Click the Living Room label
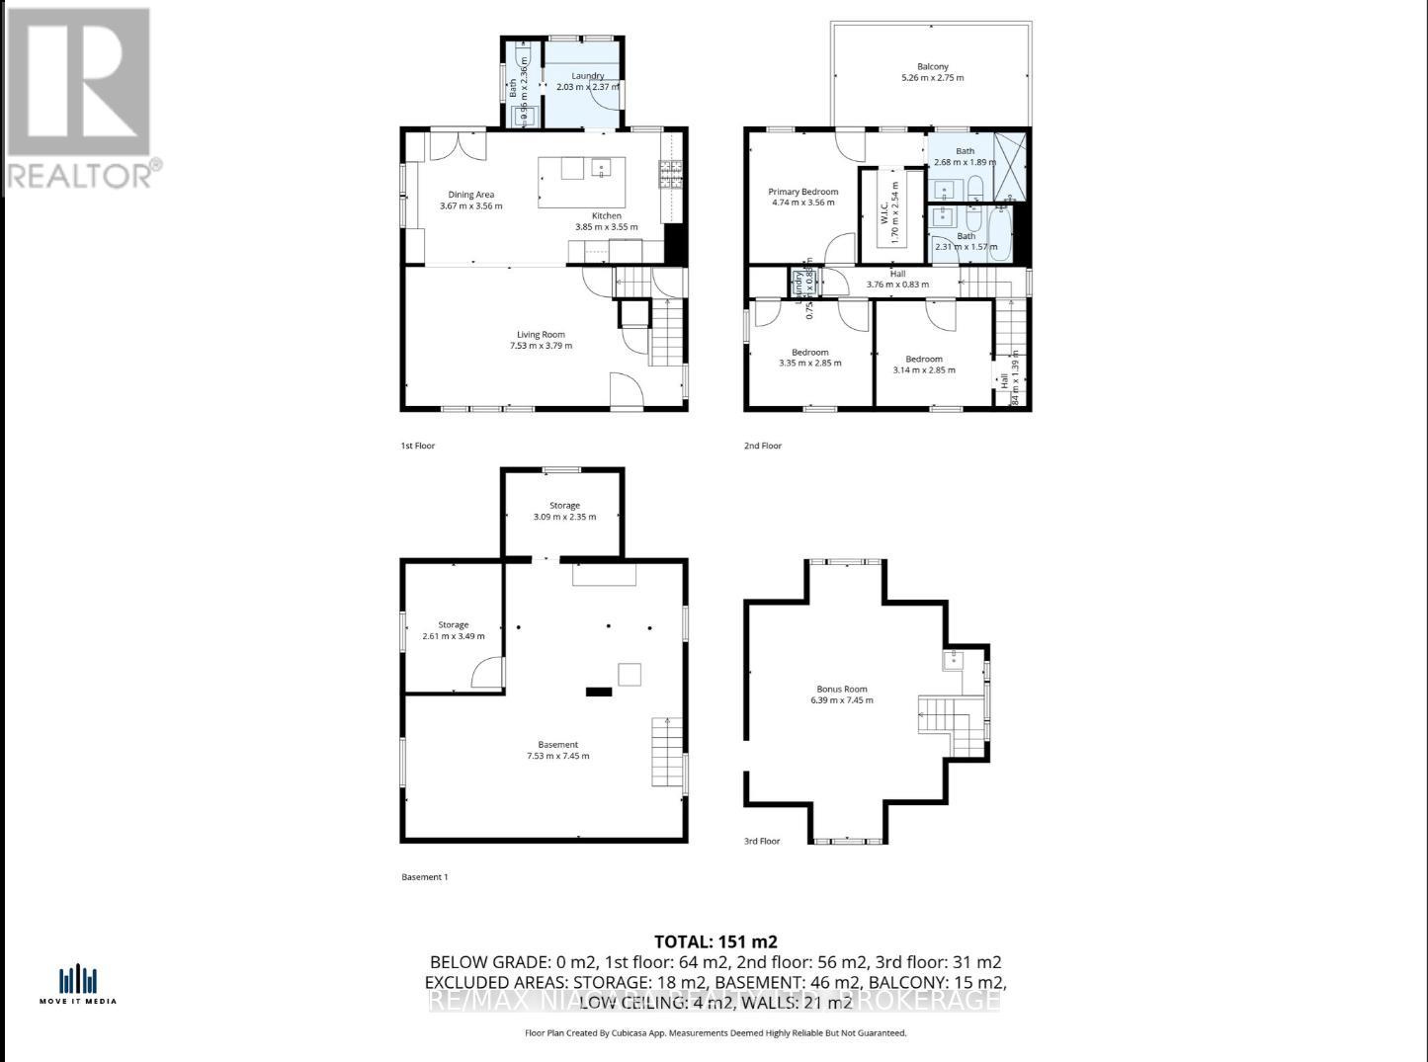coord(541,335)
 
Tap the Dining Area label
coord(470,196)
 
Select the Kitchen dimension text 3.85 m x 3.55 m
coord(607,227)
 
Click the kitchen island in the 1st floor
coord(582,182)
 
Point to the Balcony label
coord(932,67)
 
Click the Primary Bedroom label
coord(802,193)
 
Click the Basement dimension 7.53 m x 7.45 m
coord(557,757)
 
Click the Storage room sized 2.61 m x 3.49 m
coord(454,630)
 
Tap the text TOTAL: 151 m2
coord(709,941)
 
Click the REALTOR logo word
coord(79,176)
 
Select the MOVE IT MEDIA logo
coord(78,984)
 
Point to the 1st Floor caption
coord(417,447)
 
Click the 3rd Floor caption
coord(762,842)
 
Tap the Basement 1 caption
coord(425,877)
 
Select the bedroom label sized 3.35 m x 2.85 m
coord(809,353)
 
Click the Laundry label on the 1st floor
coord(587,76)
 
